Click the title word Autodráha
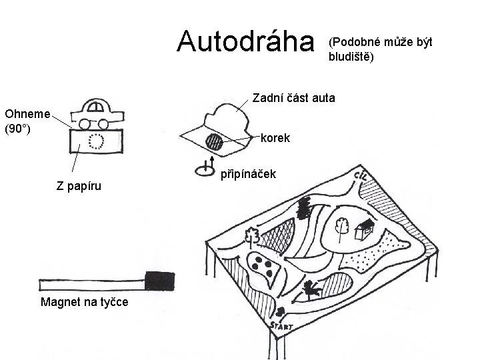click(245, 42)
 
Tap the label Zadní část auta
click(293, 99)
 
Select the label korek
click(275, 139)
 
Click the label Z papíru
click(79, 186)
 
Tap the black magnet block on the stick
click(159, 281)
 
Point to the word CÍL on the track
click(364, 178)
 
